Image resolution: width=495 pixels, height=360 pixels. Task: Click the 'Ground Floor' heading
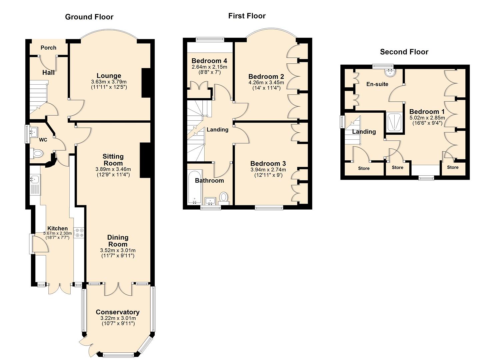(x=89, y=17)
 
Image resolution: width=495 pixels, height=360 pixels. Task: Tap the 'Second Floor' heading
(x=404, y=52)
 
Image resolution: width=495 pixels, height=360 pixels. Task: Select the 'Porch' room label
(x=48, y=48)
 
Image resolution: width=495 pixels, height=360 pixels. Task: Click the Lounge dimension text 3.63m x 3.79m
(x=109, y=82)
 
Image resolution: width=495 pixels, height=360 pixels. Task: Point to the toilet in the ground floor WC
(x=38, y=154)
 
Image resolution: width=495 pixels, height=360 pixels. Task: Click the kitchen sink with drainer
(x=35, y=185)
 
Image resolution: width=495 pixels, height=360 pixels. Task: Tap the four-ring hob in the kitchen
(x=79, y=233)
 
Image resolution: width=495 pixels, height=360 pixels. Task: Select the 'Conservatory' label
(x=118, y=312)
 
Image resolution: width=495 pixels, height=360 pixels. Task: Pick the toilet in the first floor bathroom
(x=224, y=197)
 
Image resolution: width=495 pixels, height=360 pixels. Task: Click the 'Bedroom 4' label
(x=209, y=61)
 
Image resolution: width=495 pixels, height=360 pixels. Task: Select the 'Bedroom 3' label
(x=268, y=163)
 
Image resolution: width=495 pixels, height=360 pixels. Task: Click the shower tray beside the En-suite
(x=395, y=122)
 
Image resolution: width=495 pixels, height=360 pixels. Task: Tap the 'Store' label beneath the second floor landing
(x=364, y=168)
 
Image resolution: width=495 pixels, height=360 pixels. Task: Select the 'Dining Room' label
(x=118, y=241)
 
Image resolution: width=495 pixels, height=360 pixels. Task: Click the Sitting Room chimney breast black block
(x=145, y=160)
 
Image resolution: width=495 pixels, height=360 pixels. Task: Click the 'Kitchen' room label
(x=57, y=228)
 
